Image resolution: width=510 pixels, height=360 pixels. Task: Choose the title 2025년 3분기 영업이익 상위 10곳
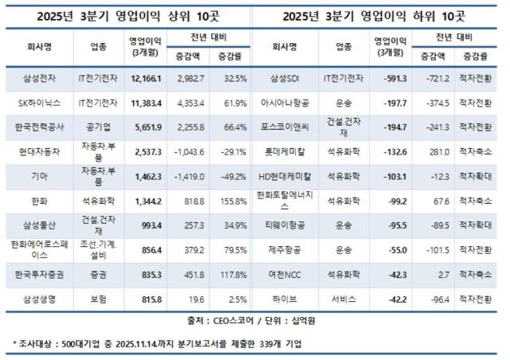(x=126, y=15)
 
